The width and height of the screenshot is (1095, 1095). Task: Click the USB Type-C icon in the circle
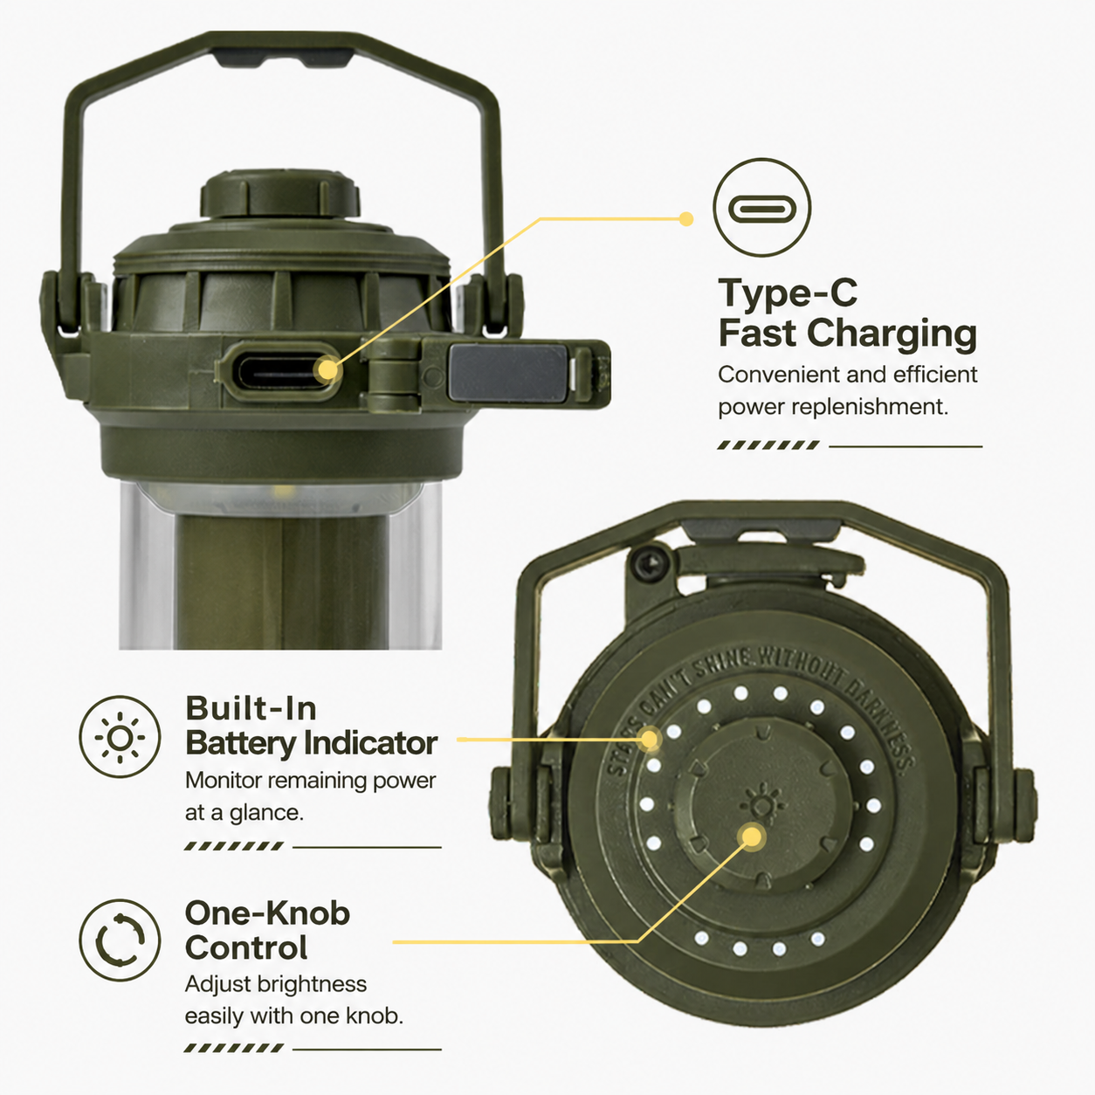pyautogui.click(x=761, y=208)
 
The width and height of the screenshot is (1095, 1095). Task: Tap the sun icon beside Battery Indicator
pyautogui.click(x=120, y=737)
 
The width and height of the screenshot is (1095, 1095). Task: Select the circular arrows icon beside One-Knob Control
pyautogui.click(x=120, y=940)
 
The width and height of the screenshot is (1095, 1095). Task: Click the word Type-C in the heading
pyautogui.click(x=789, y=293)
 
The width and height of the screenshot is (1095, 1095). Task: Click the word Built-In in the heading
pyautogui.click(x=251, y=708)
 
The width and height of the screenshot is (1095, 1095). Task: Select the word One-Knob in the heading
pyautogui.click(x=267, y=913)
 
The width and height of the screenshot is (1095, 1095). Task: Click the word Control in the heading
pyautogui.click(x=246, y=947)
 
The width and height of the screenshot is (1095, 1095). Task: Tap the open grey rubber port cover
pyautogui.click(x=507, y=373)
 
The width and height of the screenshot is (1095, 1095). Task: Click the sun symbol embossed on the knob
pyautogui.click(x=763, y=803)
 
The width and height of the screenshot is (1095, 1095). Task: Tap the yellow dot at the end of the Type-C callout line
pyautogui.click(x=686, y=219)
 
